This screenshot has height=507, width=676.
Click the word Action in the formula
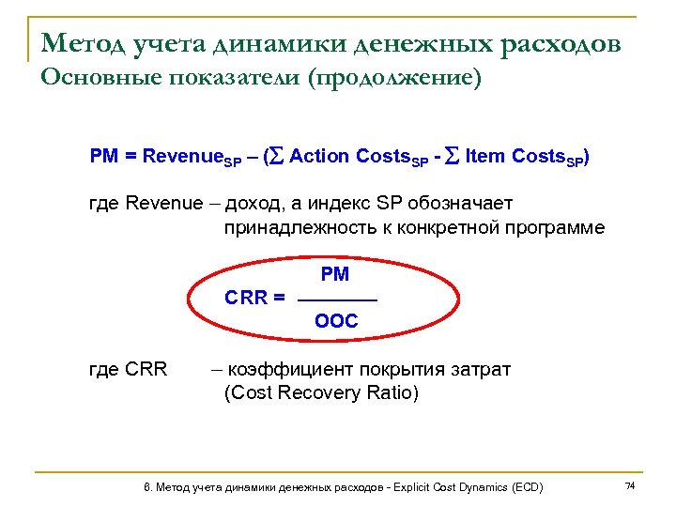[x=321, y=156]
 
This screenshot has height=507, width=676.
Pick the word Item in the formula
[x=485, y=156]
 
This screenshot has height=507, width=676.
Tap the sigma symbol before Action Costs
[x=278, y=156]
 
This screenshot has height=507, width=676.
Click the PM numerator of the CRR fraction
[x=335, y=275]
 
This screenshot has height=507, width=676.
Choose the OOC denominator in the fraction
[x=336, y=321]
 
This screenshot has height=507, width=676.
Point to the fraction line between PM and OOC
[x=336, y=300]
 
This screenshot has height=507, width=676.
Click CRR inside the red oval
[x=247, y=299]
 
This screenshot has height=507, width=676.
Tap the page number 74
[x=630, y=485]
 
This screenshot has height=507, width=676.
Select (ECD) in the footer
[x=527, y=487]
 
